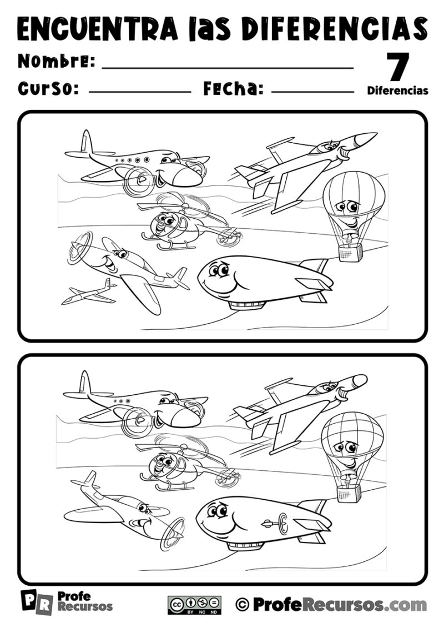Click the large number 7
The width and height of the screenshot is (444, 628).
click(x=397, y=67)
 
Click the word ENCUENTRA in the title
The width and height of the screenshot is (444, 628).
click(x=98, y=28)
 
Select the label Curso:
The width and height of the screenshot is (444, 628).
click(x=48, y=88)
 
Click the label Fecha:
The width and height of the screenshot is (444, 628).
click(x=234, y=88)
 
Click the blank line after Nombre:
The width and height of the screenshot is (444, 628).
click(x=228, y=68)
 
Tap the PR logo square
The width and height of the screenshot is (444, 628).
click(x=37, y=602)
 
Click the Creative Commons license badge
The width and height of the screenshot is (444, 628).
click(x=194, y=605)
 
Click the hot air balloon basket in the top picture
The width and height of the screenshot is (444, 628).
click(x=350, y=252)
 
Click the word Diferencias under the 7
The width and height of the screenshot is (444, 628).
click(x=397, y=91)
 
